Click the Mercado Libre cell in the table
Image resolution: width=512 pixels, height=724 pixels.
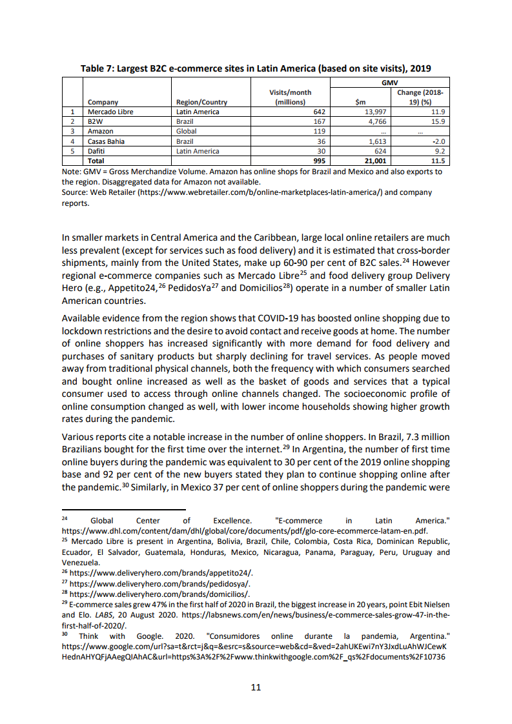click(110, 112)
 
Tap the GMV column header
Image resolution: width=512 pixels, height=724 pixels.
click(389, 83)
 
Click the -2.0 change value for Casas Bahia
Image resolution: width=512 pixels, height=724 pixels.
click(440, 141)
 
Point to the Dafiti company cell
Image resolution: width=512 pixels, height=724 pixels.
click(97, 151)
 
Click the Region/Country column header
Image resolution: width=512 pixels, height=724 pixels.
click(201, 102)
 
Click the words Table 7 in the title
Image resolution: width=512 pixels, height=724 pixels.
click(97, 68)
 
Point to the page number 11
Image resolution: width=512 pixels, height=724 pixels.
click(256, 687)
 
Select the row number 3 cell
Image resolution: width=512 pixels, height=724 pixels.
click(73, 131)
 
